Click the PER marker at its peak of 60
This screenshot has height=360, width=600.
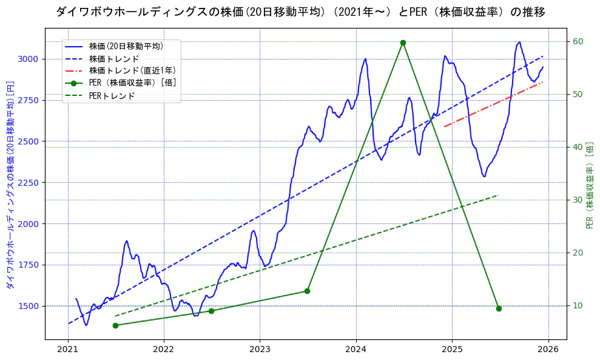403,42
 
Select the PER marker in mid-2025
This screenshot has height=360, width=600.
499,308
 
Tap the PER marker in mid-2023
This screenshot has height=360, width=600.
307,291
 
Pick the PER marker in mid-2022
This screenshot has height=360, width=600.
211,311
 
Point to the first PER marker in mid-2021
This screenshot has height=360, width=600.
115,325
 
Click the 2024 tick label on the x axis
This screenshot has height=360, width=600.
356,349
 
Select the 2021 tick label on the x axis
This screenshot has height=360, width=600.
68,349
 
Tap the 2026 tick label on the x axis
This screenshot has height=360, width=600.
548,349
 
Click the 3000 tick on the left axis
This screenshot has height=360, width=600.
29,59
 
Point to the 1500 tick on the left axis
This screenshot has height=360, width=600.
29,306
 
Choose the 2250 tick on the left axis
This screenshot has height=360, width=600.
29,183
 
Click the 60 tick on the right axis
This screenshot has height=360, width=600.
578,41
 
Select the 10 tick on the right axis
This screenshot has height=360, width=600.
578,305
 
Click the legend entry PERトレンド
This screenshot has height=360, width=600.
112,96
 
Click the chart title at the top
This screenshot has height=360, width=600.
300,12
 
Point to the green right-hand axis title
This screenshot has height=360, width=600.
589,185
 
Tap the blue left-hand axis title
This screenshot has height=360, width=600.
10,185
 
